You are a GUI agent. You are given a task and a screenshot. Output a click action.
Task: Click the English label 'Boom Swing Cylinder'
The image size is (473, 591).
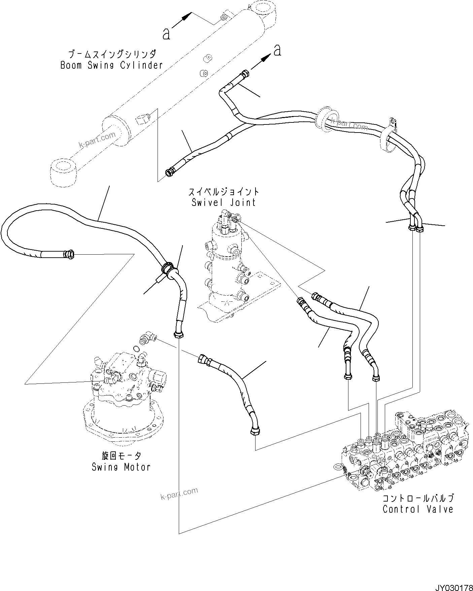click(112, 65)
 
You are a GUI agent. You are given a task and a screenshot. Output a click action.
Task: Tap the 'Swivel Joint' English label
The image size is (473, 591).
click(224, 202)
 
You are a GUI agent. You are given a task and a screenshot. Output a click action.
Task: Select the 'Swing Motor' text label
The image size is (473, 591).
click(121, 467)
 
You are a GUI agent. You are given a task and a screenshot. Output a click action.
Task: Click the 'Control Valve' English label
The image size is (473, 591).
click(418, 509)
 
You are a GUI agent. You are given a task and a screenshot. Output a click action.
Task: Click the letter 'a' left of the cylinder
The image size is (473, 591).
click(166, 34)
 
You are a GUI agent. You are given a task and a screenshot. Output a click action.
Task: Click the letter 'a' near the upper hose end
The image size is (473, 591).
click(277, 50)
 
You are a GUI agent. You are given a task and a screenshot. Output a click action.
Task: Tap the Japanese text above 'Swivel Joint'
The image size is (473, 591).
click(224, 192)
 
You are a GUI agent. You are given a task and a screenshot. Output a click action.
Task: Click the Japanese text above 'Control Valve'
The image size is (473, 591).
click(418, 498)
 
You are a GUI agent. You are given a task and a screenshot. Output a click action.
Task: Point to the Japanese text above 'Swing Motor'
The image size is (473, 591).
click(121, 456)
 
